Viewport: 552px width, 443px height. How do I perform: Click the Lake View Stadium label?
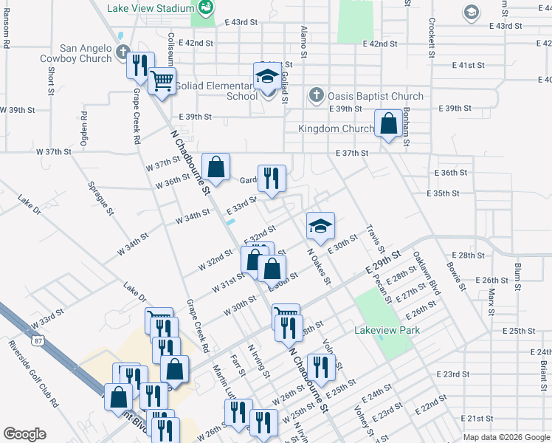click(151, 8)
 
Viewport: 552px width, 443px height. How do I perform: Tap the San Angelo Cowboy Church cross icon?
click(123, 53)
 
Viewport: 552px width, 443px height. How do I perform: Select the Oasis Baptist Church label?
click(376, 96)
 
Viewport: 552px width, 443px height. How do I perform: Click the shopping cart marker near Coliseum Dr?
click(162, 80)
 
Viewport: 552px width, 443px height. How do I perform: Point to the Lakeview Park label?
click(387, 330)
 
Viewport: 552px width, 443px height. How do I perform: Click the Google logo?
click(24, 434)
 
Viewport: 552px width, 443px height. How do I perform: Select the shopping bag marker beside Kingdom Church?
click(388, 123)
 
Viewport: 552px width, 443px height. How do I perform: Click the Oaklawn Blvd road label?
click(427, 274)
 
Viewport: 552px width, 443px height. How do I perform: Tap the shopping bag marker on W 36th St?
click(215, 167)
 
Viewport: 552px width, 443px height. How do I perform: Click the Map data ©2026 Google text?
click(506, 438)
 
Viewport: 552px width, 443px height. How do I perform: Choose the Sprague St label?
click(100, 199)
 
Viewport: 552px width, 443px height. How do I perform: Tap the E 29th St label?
click(384, 262)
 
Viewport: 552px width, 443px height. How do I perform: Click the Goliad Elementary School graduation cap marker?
click(267, 76)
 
